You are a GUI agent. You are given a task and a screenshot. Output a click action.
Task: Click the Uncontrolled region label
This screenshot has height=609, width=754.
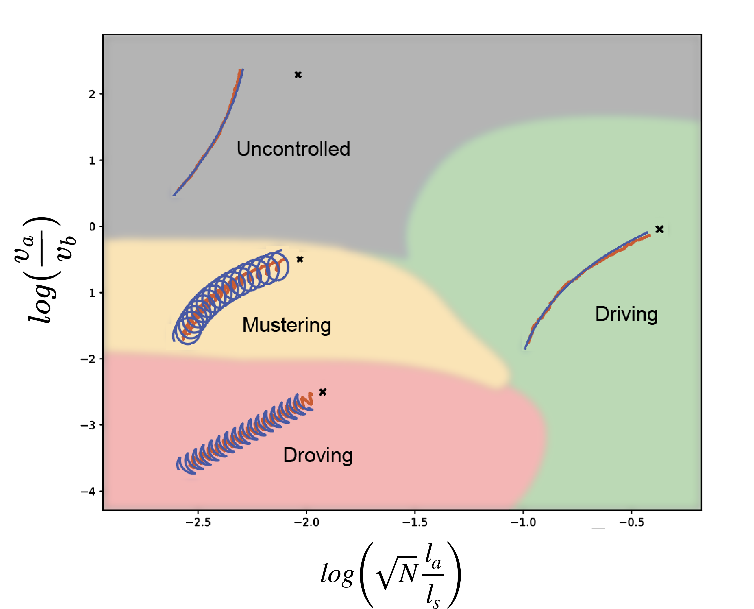point(293,149)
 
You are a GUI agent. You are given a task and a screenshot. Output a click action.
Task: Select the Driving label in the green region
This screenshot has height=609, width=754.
point(626,314)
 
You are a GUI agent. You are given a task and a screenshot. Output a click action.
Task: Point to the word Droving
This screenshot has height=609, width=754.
point(318,455)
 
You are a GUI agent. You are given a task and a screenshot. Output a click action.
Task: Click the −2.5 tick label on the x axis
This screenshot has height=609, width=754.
point(198,522)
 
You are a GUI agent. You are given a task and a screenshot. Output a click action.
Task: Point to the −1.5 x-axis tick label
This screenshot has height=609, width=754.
point(415,522)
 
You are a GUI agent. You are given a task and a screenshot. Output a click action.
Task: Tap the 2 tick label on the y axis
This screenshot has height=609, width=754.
point(92,94)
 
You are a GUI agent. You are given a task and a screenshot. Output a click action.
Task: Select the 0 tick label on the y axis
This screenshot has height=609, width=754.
point(92,227)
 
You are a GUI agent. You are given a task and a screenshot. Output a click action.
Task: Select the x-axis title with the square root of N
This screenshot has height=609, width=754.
point(390,575)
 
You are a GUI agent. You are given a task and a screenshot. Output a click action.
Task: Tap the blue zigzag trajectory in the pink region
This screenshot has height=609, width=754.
point(246,435)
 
